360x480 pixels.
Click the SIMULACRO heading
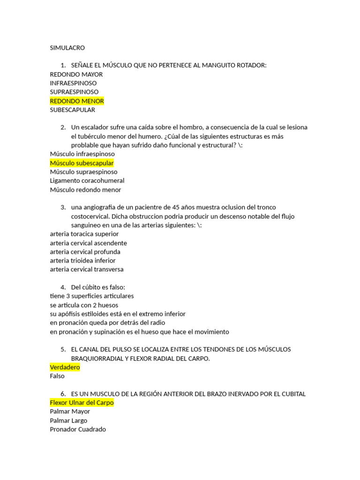tap(67, 48)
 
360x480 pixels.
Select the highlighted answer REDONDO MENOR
tap(77, 101)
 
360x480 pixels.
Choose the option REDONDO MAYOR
tap(76, 74)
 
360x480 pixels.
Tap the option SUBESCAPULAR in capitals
tap(72, 110)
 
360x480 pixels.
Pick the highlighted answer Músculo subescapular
tap(82, 163)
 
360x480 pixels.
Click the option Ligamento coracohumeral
tap(87, 181)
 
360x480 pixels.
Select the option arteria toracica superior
tap(84, 234)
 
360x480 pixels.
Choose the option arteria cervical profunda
tap(85, 252)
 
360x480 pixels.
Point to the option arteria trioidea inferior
tap(82, 261)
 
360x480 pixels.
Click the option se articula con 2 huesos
tap(84, 305)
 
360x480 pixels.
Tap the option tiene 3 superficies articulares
tap(91, 296)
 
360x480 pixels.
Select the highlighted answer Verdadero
tap(65, 367)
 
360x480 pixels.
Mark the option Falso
tap(57, 376)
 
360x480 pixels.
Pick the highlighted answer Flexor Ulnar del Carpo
tap(82, 403)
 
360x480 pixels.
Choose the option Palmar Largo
tap(68, 420)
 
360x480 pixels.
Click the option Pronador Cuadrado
tap(78, 429)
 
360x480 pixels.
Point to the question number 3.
tap(63, 207)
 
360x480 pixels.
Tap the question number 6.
tap(63, 394)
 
